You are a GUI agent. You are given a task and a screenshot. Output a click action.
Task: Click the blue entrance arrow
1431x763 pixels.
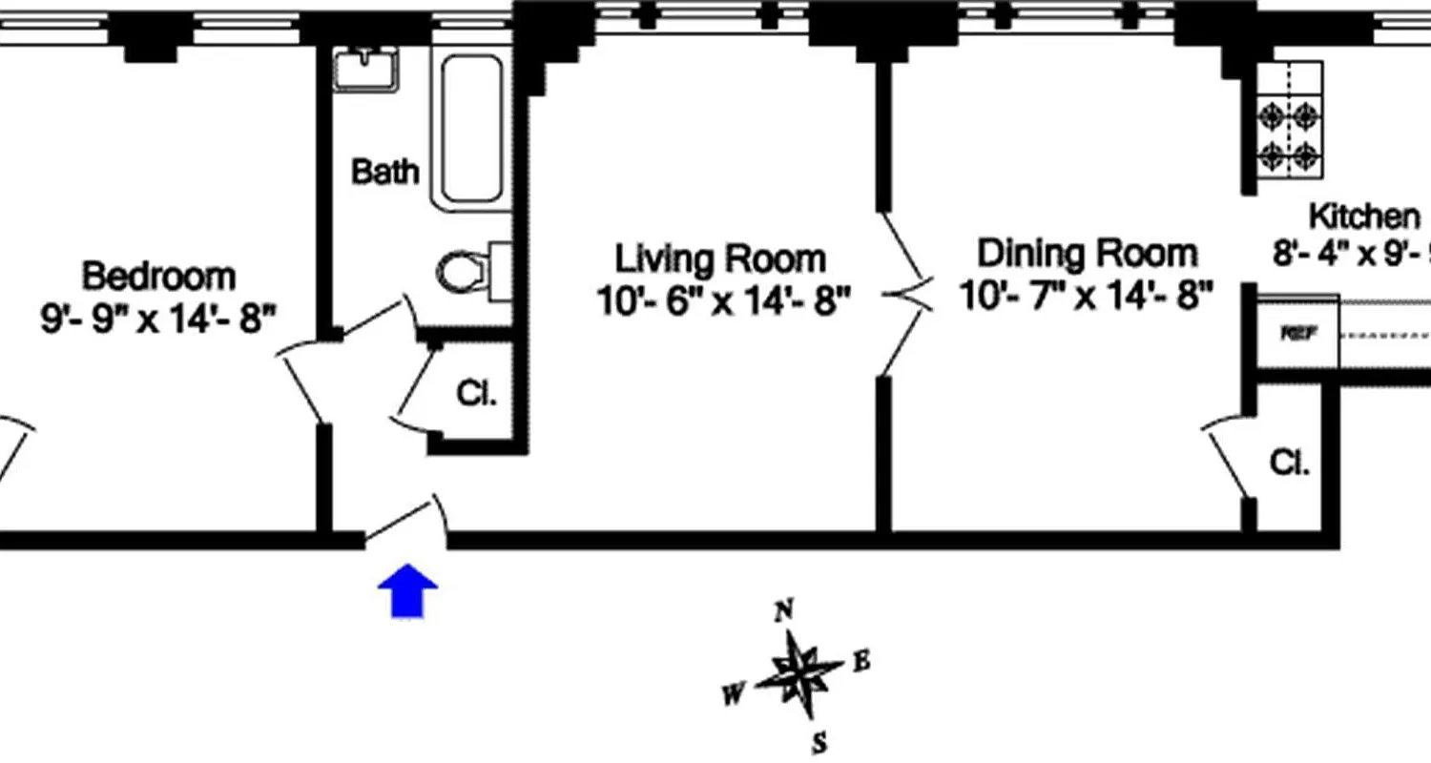tap(407, 592)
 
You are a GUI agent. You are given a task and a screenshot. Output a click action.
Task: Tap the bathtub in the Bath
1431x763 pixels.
tap(470, 130)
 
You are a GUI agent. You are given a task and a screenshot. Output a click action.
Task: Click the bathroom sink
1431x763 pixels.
tap(365, 69)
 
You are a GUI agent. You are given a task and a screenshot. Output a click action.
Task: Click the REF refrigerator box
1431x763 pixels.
tap(1294, 334)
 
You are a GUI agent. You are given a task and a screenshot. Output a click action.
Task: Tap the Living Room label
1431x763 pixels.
tap(719, 258)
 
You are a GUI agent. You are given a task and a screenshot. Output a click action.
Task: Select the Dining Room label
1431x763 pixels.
tap(1087, 254)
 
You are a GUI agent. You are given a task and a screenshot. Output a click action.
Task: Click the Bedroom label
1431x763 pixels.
tap(158, 276)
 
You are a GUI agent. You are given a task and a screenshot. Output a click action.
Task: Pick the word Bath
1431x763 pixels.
tap(384, 172)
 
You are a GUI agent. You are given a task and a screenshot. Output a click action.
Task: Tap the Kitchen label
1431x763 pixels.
tap(1362, 217)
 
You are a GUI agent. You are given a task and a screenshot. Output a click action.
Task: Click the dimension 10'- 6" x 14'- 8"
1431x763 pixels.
tap(722, 301)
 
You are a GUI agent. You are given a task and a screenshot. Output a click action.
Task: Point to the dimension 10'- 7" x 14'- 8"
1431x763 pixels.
tap(1087, 296)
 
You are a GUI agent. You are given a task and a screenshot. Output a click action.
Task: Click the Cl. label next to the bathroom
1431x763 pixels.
tap(477, 393)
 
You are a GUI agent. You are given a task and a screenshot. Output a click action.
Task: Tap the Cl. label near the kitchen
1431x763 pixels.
tap(1289, 464)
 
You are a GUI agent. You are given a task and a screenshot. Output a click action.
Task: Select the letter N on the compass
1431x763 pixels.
tap(785, 611)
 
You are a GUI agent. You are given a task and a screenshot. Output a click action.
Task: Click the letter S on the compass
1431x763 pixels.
tap(819, 742)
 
